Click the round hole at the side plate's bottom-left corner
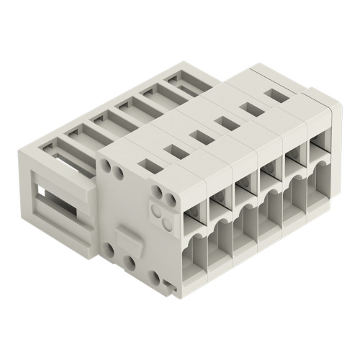click(109, 248)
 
